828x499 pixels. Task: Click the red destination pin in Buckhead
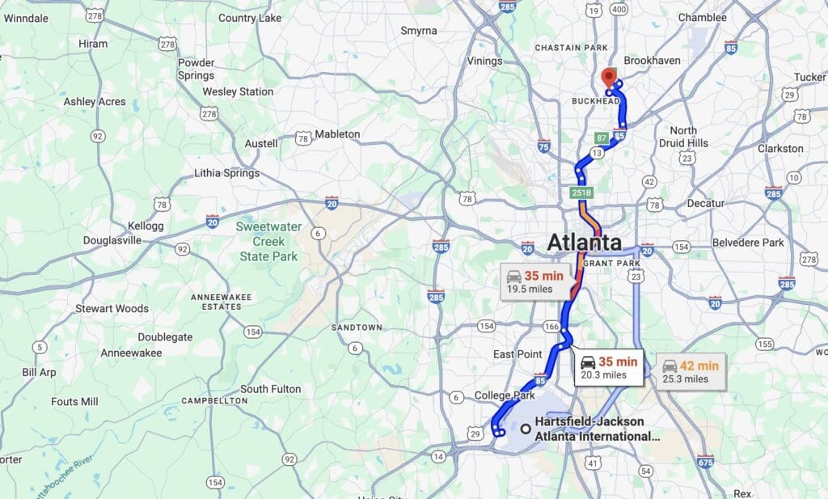609,79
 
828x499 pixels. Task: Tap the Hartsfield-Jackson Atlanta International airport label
597,429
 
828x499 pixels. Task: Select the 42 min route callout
690,372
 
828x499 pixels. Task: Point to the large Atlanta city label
584,242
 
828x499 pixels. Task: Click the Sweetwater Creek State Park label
268,241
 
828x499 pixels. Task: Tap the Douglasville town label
112,240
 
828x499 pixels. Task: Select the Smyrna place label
419,31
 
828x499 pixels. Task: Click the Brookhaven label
653,61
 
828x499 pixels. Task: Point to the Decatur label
705,203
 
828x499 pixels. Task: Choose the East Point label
517,354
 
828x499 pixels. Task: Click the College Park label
505,395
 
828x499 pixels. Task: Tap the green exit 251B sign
581,192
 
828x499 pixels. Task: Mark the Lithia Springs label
227,173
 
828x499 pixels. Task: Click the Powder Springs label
196,69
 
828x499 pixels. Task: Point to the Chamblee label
703,17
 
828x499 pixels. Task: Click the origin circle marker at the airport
526,429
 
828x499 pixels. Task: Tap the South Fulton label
270,389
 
